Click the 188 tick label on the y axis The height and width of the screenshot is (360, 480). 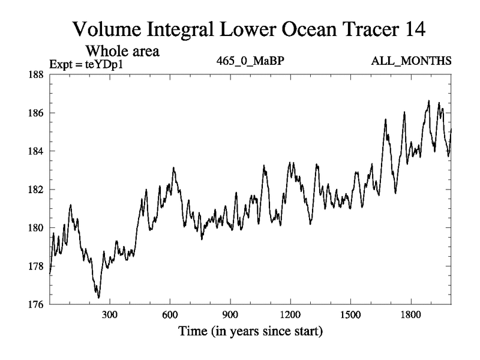[35, 74]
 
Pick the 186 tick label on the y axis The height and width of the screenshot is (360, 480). [35, 113]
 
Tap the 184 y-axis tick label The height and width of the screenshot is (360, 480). [35, 151]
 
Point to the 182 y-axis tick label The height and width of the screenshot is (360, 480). [35, 190]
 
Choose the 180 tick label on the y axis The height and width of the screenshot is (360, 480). [35, 228]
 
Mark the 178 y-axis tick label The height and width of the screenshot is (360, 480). [35, 266]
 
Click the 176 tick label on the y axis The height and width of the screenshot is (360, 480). [35, 305]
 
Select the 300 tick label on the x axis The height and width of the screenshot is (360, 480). [109, 315]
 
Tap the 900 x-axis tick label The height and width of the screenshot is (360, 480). [230, 315]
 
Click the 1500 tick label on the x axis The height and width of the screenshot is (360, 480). [350, 315]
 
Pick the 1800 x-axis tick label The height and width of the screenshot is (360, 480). [410, 315]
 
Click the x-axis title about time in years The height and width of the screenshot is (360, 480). [250, 331]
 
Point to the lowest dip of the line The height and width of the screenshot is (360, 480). [98, 297]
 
